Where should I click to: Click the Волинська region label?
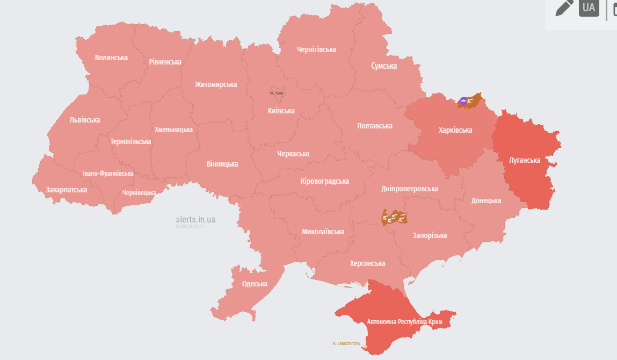coord(111,57)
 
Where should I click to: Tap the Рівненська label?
coord(165,62)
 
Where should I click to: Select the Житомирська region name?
coord(216,84)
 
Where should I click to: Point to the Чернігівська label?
coord(316,49)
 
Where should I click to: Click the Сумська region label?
coord(384,66)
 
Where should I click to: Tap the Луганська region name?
coord(525,160)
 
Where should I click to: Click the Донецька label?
coord(486,200)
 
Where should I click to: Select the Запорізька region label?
coord(430,235)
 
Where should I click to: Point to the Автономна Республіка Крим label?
coord(404,322)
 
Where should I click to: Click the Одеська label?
coord(255,284)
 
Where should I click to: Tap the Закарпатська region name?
coord(66,190)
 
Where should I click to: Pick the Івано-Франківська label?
coord(108,174)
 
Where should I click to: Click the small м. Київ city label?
coord(277,93)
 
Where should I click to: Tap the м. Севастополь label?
coord(346,343)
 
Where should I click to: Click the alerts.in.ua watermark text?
coord(195,219)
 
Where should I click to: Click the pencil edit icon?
coord(564,8)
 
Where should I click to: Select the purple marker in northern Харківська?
coord(463,100)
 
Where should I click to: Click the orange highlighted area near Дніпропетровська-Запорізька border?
coord(394,217)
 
